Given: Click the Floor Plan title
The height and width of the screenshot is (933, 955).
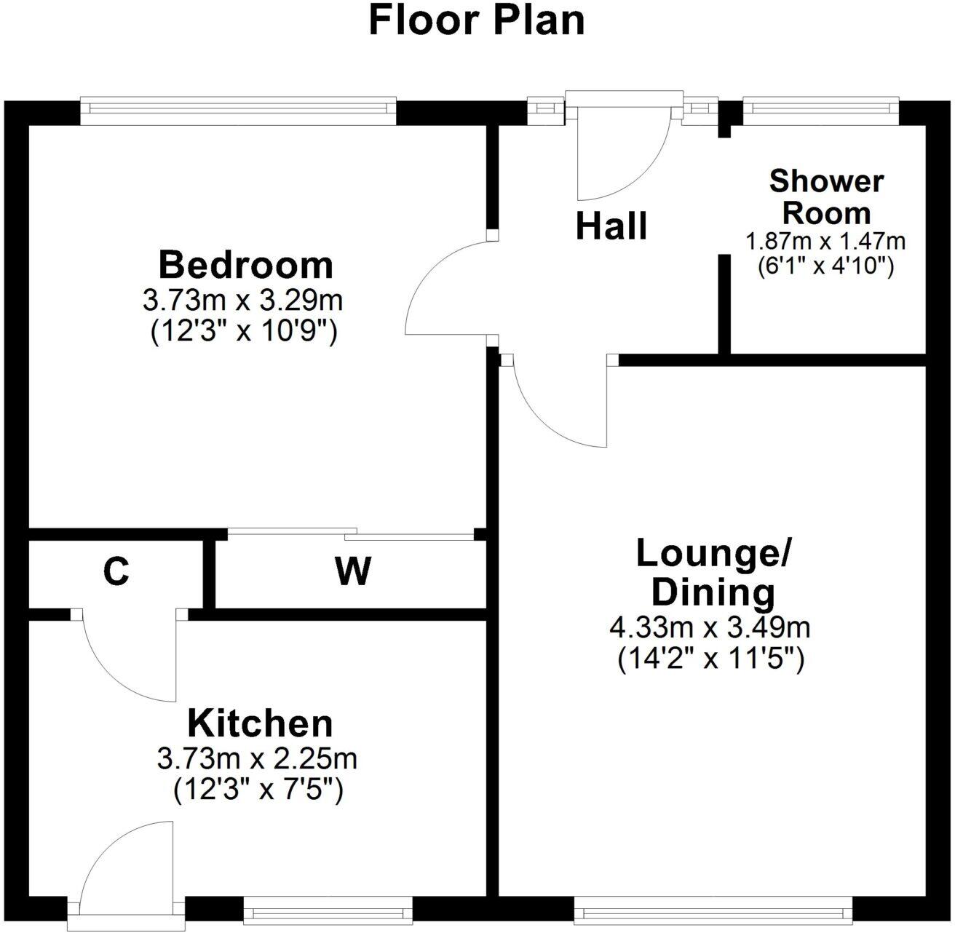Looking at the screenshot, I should click(477, 20).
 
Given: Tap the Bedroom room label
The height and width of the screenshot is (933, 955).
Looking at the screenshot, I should click(245, 264).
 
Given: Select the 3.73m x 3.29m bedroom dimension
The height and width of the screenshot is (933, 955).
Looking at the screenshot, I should click(243, 299).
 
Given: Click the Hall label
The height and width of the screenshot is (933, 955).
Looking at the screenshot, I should click(611, 226).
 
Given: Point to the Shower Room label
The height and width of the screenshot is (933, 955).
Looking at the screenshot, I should click(826, 196).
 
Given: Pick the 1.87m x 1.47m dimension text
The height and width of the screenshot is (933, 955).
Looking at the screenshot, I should click(825, 240).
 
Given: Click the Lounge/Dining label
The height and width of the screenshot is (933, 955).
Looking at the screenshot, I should click(713, 573).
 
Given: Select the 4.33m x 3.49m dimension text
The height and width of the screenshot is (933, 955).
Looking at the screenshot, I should click(710, 626).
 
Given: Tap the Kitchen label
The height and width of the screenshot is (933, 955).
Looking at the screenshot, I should click(260, 723).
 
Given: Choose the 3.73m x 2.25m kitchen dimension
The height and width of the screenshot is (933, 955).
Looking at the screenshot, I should click(257, 759).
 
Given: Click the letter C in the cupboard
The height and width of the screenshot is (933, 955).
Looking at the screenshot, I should click(116, 572).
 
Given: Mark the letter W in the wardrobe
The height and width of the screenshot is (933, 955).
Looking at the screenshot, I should click(353, 572).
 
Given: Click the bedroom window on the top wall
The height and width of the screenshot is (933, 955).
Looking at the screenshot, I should click(238, 108).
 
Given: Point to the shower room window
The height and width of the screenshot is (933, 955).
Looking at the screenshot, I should click(821, 108).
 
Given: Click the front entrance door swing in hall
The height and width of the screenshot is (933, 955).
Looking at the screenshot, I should click(619, 156).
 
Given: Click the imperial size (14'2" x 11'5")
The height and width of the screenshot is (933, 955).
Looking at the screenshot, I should click(710, 660).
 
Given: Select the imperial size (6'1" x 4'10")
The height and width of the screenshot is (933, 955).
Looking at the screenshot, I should click(825, 266).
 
